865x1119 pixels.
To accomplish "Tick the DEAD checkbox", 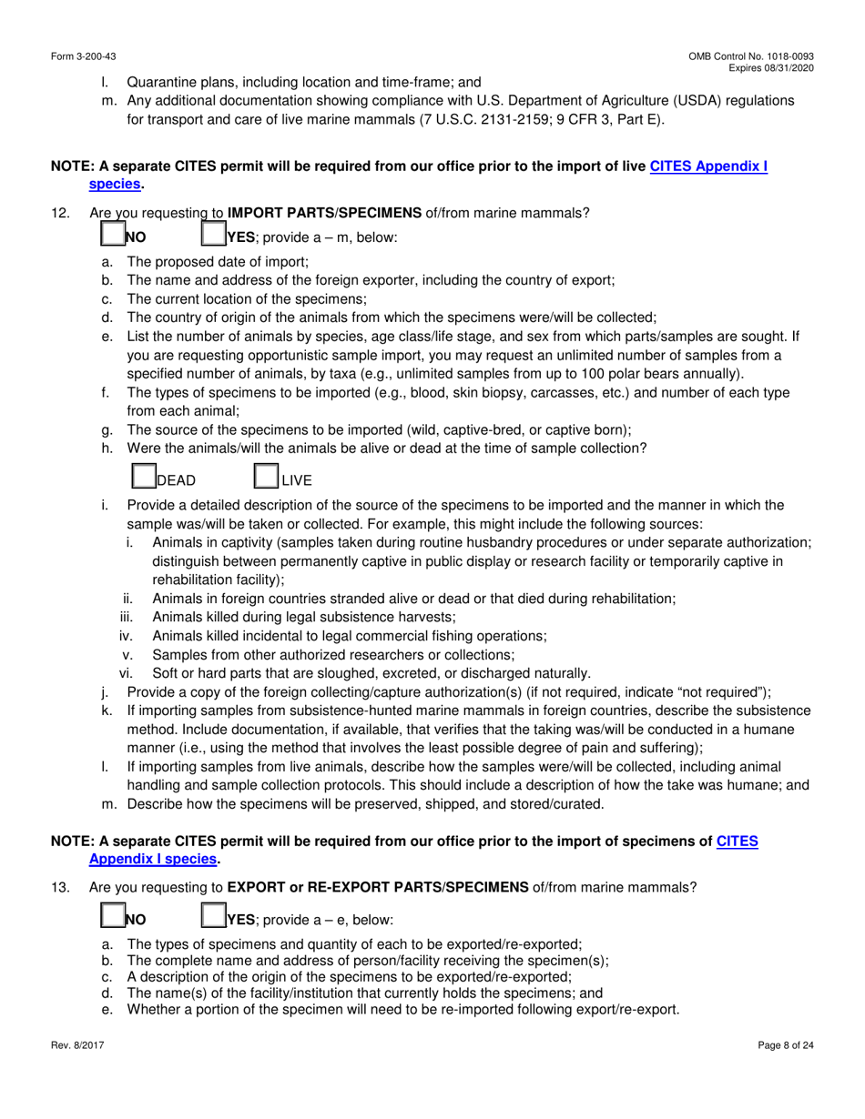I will point(144,477).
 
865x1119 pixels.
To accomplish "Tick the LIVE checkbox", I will point(265,477).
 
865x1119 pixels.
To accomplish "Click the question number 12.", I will point(59,214).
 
